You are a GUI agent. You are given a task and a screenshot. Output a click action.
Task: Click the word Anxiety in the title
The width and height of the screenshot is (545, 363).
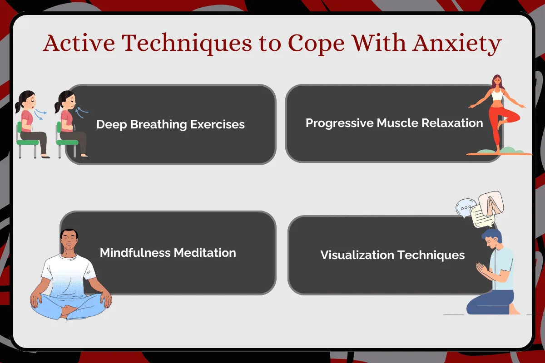coord(457,44)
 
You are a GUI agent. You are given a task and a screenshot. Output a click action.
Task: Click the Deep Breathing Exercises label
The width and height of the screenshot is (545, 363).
coord(171,124)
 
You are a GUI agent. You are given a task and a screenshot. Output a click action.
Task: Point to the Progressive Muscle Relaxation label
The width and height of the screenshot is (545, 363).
coord(394,123)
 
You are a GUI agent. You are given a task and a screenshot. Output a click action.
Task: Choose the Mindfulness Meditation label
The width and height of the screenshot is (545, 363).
coord(168,253)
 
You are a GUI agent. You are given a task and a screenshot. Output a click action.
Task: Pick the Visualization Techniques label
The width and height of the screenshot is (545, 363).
coord(392,255)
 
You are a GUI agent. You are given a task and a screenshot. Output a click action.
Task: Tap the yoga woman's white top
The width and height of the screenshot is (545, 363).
coord(497,95)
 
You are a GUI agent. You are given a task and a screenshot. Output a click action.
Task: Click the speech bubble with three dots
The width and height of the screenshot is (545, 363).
coord(465,208)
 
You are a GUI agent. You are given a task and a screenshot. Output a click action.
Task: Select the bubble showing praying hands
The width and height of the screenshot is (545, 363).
coord(491,203)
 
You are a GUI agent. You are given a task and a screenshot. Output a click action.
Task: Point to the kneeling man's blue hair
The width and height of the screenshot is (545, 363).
coord(492,235)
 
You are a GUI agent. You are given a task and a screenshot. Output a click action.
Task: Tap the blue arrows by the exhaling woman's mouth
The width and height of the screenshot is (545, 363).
coord(40,114)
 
